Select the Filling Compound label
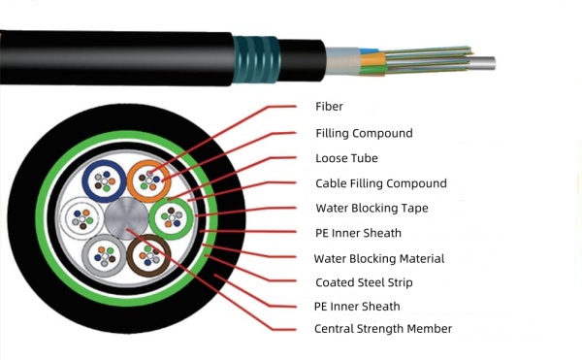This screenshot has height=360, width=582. tap(364, 132)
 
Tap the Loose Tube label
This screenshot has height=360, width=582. tap(346, 157)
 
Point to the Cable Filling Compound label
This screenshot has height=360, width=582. tap(381, 182)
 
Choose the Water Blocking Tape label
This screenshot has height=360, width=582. tap(372, 208)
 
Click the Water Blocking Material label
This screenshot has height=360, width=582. tap(379, 258)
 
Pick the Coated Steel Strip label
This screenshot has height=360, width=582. tap(364, 283)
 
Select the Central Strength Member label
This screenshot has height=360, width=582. tap(383, 329)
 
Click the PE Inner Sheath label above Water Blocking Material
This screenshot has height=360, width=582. tap(358, 233)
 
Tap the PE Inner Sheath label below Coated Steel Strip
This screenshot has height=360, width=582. tap(358, 307)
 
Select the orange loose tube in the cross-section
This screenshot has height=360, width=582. tap(147, 179)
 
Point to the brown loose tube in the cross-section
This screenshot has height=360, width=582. tap(147, 255)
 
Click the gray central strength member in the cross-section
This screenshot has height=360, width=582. tap(124, 217)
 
